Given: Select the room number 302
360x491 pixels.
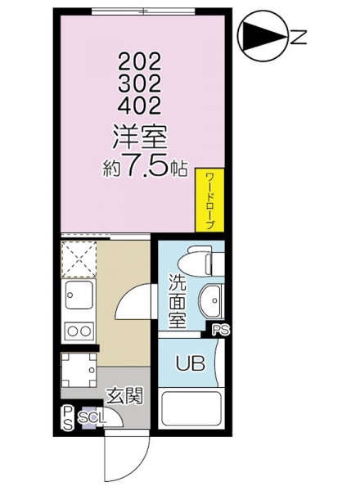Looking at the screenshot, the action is point(139,83).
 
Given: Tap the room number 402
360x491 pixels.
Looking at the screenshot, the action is point(139,105).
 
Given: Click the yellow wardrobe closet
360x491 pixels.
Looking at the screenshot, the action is point(209,200).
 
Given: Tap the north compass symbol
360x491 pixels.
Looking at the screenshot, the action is point(262,36).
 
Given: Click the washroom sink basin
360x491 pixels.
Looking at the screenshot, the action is point(212,300).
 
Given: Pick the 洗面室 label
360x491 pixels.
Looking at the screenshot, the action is point(178,300).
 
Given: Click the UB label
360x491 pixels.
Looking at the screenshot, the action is point(190,363).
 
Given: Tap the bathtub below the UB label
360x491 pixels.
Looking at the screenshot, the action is point(191,408).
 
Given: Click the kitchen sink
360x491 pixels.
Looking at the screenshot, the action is point(79,295).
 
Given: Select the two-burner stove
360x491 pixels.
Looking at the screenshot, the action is point(79,331).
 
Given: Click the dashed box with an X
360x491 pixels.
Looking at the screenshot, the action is point(79,259).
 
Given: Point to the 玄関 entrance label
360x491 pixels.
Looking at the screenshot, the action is point(124,396).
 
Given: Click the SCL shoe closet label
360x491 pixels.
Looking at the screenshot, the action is point(92,417).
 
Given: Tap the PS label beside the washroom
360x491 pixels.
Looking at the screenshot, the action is point(221,330).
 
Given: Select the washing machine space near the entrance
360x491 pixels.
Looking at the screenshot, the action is point(79,370).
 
